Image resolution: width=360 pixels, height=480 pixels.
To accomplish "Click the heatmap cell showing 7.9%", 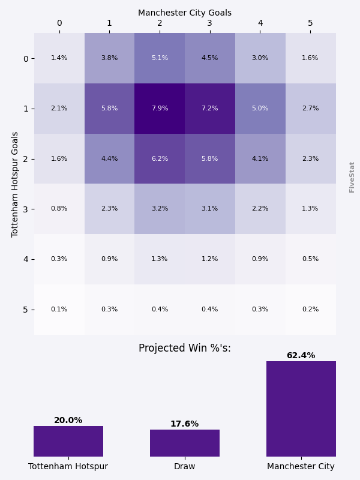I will [x=160, y=109].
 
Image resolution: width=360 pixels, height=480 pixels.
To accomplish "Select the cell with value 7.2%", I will [x=210, y=109].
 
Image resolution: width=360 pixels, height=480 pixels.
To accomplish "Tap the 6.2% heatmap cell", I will [x=160, y=159].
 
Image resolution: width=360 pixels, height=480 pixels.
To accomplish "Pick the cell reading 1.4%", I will [x=59, y=58].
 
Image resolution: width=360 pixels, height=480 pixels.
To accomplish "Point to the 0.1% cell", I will [x=59, y=310].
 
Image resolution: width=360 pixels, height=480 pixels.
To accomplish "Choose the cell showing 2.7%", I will [x=310, y=109].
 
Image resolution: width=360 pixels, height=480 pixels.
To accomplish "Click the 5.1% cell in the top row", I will [x=160, y=58].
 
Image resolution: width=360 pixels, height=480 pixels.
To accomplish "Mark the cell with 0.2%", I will [x=310, y=310].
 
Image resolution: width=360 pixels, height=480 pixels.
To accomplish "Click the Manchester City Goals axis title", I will [x=185, y=13].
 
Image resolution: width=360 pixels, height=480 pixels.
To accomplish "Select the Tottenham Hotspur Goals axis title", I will [x=16, y=184].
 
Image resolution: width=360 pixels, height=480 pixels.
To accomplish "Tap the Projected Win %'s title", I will [x=185, y=349].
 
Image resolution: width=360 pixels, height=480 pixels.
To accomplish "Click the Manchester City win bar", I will [x=301, y=409].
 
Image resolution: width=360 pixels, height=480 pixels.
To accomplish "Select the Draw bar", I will [x=185, y=443].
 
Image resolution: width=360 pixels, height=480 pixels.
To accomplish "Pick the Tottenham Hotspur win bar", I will [x=68, y=441].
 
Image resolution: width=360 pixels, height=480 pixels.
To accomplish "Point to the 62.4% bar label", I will [x=301, y=356].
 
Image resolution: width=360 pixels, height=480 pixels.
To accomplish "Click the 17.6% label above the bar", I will [x=185, y=424].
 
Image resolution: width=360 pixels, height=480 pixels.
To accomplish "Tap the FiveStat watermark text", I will [x=352, y=177].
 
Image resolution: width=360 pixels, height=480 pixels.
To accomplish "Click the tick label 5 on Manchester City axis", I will [x=310, y=23].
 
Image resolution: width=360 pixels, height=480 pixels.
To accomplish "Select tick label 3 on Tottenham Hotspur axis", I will [x=25, y=209].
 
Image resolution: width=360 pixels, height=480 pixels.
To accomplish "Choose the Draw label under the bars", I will [x=185, y=466].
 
